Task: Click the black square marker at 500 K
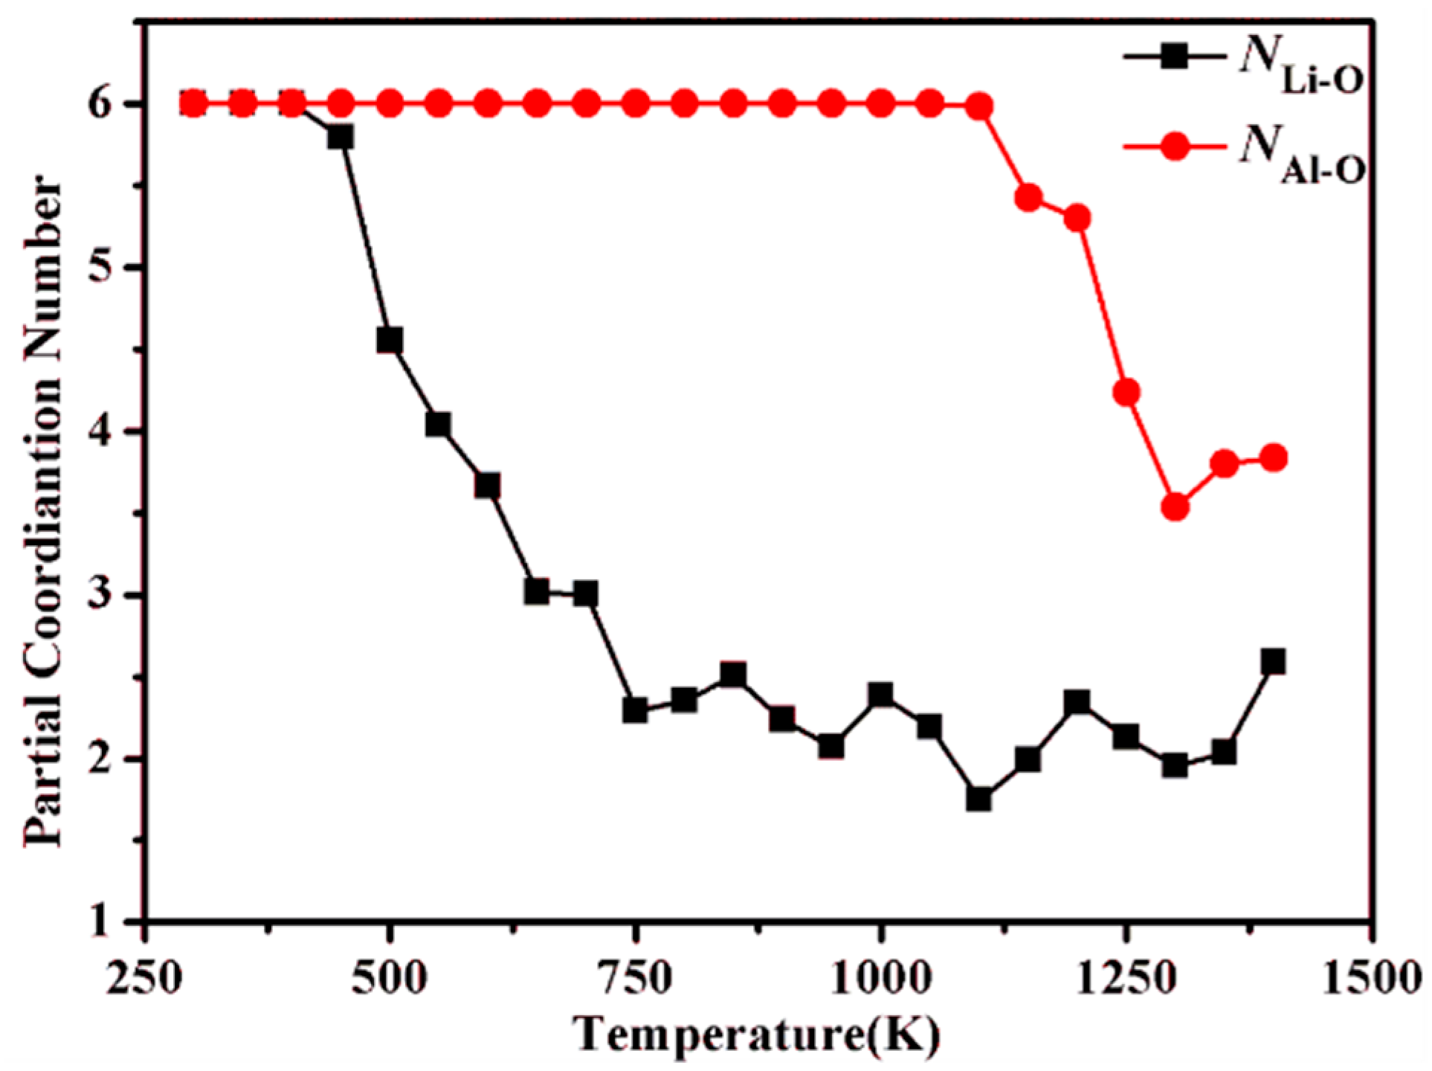390,341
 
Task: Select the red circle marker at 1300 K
1175,508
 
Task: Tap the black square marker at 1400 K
1273,661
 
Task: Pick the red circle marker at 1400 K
1274,458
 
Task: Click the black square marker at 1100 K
978,800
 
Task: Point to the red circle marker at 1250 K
1126,392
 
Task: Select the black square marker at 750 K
635,710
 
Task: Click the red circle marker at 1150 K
1028,198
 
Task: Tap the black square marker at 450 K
341,137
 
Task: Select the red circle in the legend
1175,147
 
